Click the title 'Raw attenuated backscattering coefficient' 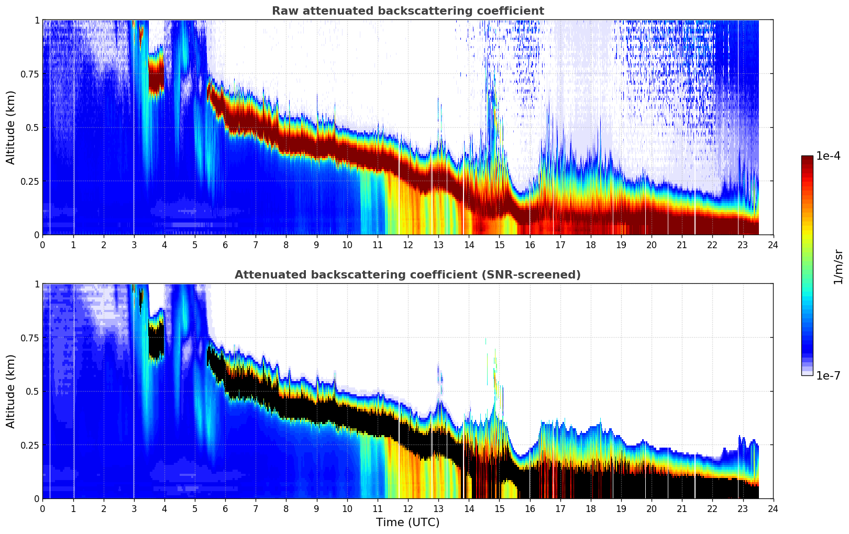click(407, 11)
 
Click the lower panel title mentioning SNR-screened click(407, 275)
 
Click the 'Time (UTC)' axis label click(407, 522)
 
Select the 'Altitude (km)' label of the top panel click(11, 127)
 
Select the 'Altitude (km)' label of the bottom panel click(11, 391)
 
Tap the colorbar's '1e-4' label click(828, 156)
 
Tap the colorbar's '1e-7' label click(828, 376)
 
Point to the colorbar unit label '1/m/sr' click(837, 266)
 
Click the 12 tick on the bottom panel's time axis click(407, 509)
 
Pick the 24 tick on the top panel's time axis click(773, 245)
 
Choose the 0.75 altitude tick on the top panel click(29, 74)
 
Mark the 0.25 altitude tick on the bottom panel click(29, 445)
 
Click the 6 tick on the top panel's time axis click(225, 245)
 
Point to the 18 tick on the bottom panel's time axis click(590, 509)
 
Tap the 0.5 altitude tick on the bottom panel click(32, 391)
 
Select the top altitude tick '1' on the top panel click(37, 20)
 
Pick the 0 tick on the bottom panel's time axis click(42, 509)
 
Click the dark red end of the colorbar click(807, 160)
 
